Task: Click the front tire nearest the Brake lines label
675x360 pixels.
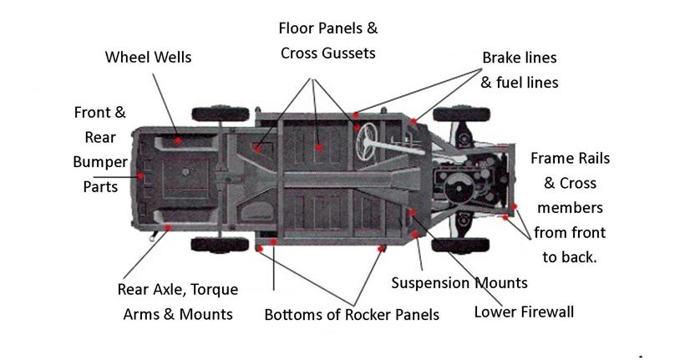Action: click(x=455, y=114)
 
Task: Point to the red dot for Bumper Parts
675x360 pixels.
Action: click(x=143, y=176)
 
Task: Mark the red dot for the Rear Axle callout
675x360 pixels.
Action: click(x=168, y=226)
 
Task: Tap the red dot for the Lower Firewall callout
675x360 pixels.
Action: click(x=411, y=212)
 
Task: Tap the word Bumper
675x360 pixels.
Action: click(x=99, y=161)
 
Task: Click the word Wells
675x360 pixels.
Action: click(x=170, y=58)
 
